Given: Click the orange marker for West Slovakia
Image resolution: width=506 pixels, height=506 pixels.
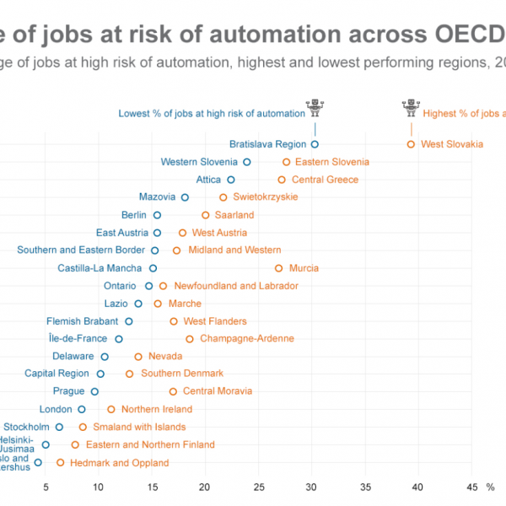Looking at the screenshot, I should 412,144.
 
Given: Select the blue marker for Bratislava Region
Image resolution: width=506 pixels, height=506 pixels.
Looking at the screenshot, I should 315,144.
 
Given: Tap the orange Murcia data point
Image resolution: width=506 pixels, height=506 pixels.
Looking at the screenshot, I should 279,268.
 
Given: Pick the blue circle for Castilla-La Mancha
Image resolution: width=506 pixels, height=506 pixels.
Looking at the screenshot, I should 153,268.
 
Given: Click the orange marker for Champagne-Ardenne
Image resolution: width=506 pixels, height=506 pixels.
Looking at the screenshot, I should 190,339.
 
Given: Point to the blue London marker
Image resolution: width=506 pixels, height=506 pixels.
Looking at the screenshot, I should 82,409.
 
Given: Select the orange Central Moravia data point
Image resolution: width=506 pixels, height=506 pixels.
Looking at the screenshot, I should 174,391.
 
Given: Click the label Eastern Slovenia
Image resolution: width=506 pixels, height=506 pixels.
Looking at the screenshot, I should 332,162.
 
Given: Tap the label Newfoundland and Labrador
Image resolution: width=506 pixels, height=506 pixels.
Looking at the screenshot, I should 236,286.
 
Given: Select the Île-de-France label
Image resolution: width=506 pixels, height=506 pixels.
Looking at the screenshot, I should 79,339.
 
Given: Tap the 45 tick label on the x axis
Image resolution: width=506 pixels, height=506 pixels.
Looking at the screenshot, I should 472,487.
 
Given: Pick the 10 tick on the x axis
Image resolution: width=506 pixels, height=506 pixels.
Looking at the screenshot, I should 99,487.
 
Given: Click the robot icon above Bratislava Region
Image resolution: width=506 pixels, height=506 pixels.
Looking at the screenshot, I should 315,108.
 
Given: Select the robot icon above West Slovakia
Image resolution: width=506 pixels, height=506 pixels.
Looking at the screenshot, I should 412,108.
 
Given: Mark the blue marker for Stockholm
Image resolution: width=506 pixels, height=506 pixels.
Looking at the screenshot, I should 59,427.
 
